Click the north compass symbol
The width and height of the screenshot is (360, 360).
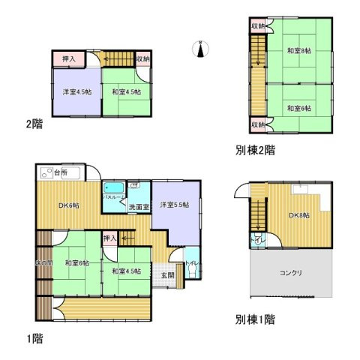coord(200,49)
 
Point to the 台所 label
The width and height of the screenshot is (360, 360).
coord(60,172)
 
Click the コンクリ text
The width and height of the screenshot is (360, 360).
coord(291,273)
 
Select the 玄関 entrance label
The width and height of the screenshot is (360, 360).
coord(166,275)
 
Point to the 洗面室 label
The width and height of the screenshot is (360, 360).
coord(136,208)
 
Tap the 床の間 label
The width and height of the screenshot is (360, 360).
coord(42,262)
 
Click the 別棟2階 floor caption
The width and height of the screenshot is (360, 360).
coord(254,150)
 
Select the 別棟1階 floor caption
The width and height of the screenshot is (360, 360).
coord(254,319)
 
